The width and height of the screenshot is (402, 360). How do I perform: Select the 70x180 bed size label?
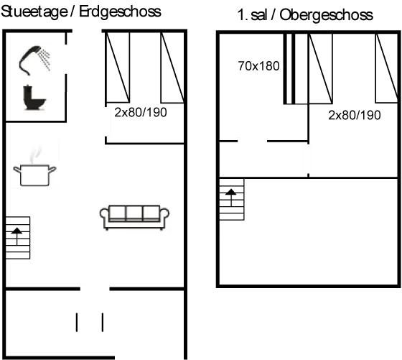tap(258, 66)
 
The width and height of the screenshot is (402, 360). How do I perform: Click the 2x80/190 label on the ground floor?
tap(141, 112)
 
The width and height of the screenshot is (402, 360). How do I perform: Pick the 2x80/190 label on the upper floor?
tap(355, 116)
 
